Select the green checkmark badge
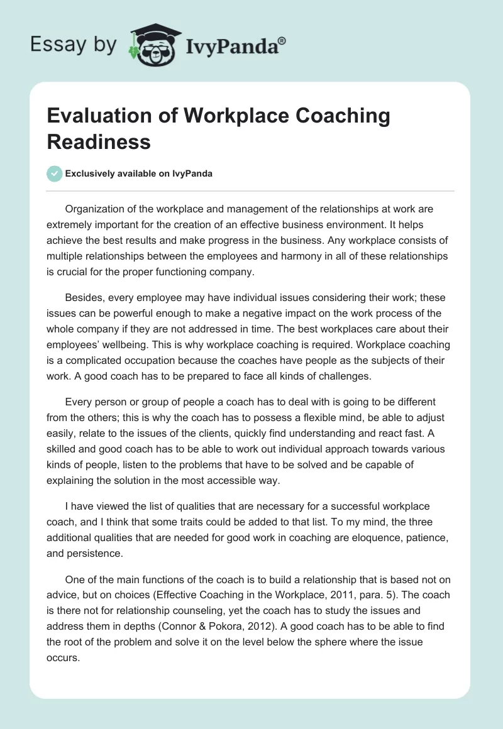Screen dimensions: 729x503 click(55, 173)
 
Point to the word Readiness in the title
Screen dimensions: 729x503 click(99, 141)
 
